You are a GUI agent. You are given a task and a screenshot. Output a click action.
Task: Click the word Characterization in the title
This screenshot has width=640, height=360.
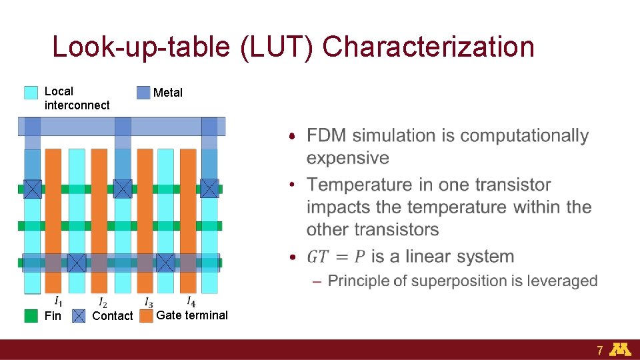pos(428,47)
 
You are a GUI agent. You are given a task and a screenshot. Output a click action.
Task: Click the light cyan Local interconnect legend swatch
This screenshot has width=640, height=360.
pos(31,93)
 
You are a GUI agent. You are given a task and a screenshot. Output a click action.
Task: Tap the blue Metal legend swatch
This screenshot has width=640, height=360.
pos(143,93)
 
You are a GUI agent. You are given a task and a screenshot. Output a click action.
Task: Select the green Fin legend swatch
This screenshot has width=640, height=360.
pos(31,315)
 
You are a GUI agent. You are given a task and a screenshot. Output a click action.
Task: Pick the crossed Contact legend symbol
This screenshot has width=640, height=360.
pos(79,315)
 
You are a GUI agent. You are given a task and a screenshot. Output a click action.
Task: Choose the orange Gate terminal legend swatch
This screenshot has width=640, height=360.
pos(146,315)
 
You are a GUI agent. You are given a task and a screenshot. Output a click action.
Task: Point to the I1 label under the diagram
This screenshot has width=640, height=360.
pos(59,301)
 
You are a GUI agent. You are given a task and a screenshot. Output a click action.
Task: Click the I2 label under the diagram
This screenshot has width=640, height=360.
pos(103,303)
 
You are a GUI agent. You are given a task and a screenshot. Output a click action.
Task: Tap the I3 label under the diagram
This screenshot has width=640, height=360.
pos(148,303)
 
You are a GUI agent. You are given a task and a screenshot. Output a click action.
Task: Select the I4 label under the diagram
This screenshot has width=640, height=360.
pos(191,301)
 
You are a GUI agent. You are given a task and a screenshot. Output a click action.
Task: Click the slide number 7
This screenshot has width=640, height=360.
pos(600,350)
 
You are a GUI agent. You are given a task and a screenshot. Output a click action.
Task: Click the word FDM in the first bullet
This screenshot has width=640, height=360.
pos(327,136)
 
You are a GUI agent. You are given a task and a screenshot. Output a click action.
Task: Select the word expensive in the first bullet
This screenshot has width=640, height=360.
pos(347,158)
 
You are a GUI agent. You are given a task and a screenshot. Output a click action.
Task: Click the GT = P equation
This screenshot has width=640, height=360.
pos(336,257)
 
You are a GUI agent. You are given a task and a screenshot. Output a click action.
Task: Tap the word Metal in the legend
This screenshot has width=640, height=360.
pos(167,93)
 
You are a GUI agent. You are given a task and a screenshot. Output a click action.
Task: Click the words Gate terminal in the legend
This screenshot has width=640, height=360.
pos(192,315)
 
